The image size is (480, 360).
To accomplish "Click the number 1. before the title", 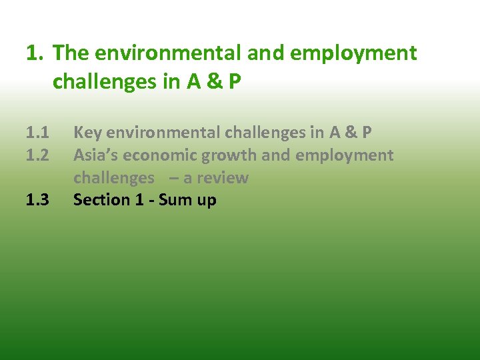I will tap(36, 53).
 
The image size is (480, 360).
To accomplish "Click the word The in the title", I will tap(70, 53).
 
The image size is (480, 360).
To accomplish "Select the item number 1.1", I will tap(38, 133).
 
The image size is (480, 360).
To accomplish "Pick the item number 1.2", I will tap(38, 155).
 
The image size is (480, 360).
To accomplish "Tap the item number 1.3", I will tap(38, 200).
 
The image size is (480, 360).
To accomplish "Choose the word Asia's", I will tap(95, 155).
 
